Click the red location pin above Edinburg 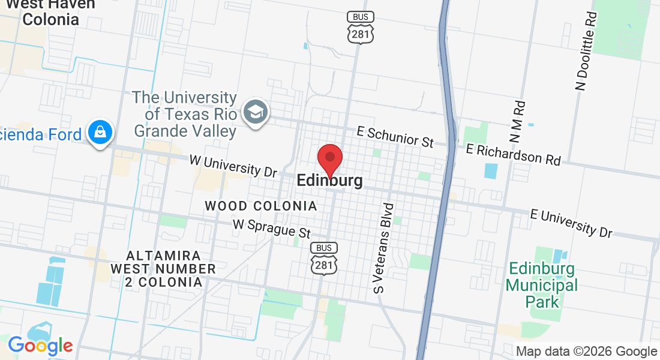pos(329,158)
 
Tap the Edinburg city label pos(329,181)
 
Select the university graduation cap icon pos(256,112)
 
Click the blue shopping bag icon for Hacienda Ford pos(100,133)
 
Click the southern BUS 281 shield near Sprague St pos(324,259)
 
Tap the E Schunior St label pos(395,136)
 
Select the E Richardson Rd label pos(513,154)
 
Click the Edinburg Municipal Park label pos(542,285)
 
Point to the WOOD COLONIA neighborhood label pos(260,206)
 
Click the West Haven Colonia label pos(50,11)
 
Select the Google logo pos(40,345)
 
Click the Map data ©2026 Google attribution pos(586,352)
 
